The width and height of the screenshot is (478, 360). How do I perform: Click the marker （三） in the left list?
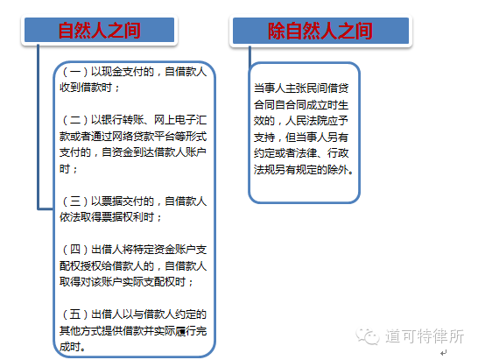(x=74, y=201)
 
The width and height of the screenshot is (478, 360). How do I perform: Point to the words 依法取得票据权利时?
(x=109, y=217)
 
